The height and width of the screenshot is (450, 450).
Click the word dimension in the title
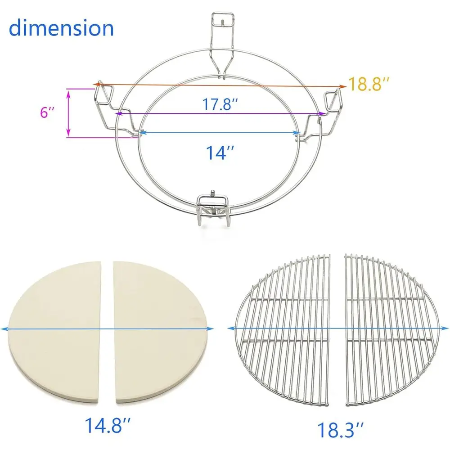click(x=61, y=28)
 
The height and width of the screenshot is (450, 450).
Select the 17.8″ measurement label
click(x=219, y=105)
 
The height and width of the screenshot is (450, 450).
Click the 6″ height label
click(x=47, y=112)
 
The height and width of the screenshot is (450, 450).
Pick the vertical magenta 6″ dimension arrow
click(x=68, y=112)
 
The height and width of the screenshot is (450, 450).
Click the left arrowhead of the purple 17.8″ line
click(x=118, y=113)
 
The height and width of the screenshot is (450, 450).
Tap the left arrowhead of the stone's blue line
click(x=4, y=329)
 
